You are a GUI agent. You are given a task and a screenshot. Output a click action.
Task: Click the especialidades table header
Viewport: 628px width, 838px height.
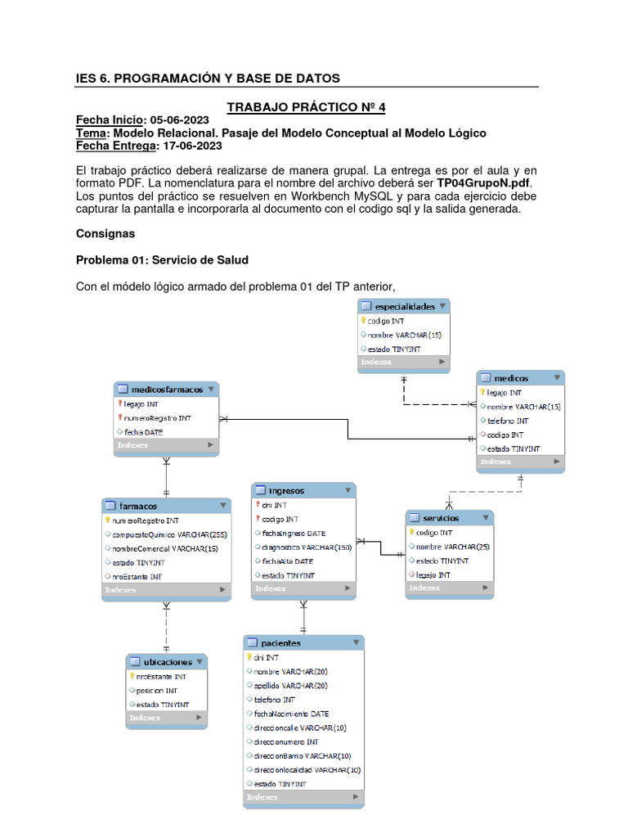[404, 306]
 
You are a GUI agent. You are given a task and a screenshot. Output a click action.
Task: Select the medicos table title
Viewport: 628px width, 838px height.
[511, 378]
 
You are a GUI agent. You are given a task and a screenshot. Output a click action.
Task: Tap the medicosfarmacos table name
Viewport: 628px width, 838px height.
[167, 390]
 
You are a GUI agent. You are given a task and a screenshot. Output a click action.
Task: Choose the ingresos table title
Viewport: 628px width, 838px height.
[286, 490]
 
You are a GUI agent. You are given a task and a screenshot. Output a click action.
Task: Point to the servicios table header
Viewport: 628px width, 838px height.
[441, 518]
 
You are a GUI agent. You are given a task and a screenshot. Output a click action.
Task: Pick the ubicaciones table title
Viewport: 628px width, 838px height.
[168, 662]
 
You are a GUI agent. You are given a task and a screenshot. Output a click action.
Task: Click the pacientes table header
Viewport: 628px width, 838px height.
[280, 643]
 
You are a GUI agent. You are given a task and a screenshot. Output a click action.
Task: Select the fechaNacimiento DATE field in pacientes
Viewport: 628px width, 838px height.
[290, 714]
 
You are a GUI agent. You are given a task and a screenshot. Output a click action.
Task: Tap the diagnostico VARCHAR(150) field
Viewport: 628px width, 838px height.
[307, 547]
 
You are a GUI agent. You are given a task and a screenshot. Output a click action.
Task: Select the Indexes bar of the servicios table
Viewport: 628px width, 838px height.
[449, 588]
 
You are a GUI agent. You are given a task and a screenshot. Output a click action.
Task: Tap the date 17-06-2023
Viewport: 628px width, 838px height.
[191, 146]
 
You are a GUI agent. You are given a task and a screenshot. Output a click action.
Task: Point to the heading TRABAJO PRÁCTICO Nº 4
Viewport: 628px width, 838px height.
[305, 107]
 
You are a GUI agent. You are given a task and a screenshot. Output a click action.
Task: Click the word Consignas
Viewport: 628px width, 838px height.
[105, 233]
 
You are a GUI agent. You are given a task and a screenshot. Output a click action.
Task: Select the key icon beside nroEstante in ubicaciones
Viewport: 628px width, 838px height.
[132, 677]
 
